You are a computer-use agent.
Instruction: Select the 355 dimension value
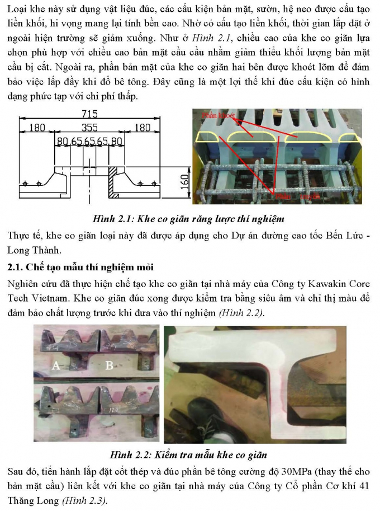click(x=89, y=128)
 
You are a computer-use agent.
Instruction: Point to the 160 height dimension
click(x=184, y=180)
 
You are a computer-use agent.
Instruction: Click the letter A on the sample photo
click(x=55, y=366)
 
